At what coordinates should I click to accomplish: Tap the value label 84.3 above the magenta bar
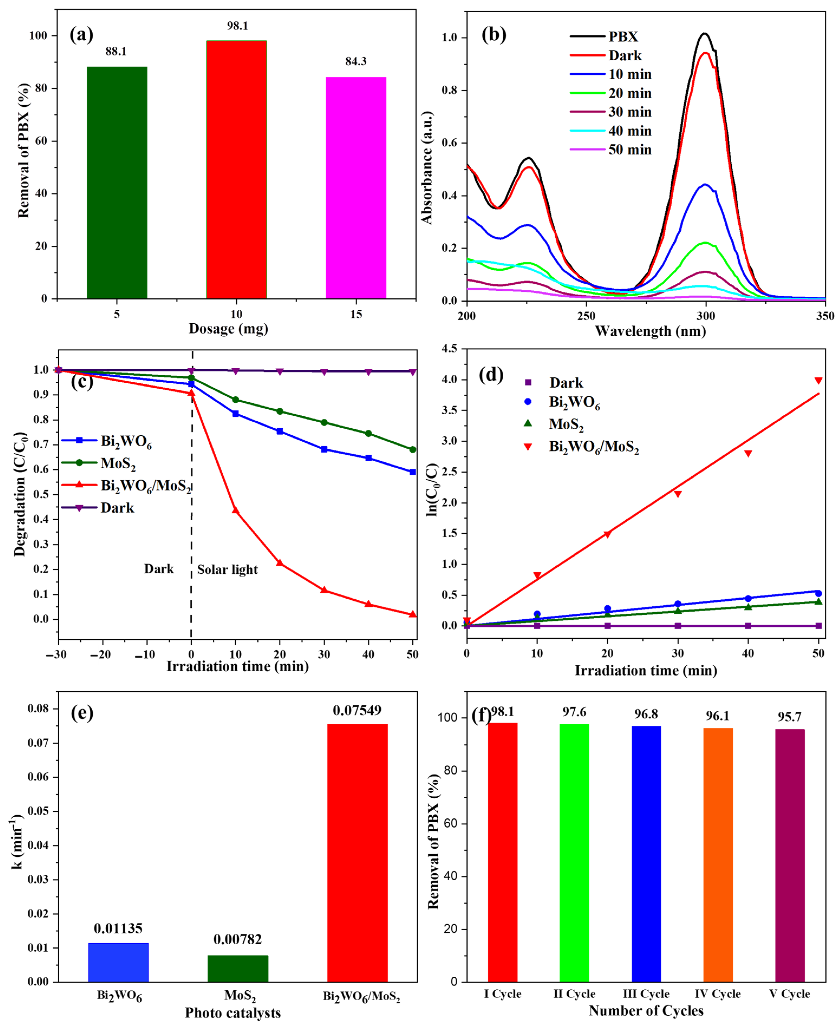[356, 61]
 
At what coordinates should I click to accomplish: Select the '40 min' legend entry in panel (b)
[630, 131]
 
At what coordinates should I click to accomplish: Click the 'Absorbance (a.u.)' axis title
[427, 168]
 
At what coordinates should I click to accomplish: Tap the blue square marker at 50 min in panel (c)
[413, 472]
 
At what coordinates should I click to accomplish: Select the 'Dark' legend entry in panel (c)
[117, 508]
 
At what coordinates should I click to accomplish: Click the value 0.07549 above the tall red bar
[357, 710]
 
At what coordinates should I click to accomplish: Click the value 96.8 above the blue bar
[646, 714]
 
